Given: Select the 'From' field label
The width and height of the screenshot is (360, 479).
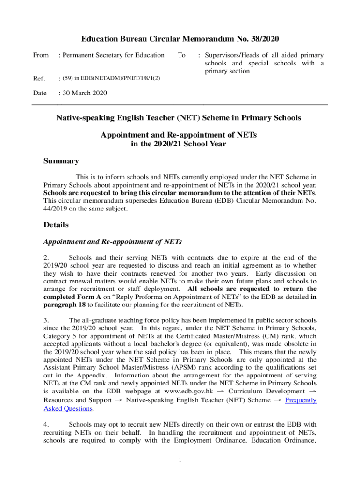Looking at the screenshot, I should (41, 55).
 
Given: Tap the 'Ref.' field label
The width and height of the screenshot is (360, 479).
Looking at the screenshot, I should (39, 78).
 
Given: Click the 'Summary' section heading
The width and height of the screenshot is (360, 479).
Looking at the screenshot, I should (61, 161).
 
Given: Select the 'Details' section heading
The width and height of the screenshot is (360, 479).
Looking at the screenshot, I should (56, 225).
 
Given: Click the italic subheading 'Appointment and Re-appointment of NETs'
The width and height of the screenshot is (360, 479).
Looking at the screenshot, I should (112, 242).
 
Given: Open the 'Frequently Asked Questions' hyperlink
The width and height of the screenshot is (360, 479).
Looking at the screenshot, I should (301, 400).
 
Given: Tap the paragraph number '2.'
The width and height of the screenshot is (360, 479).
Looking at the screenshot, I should (46, 257).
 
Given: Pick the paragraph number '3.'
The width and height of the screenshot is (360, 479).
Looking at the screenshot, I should (46, 320).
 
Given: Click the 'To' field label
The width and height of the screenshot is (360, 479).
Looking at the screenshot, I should (181, 55).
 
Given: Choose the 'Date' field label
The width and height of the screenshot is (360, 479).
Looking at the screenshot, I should (40, 93).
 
